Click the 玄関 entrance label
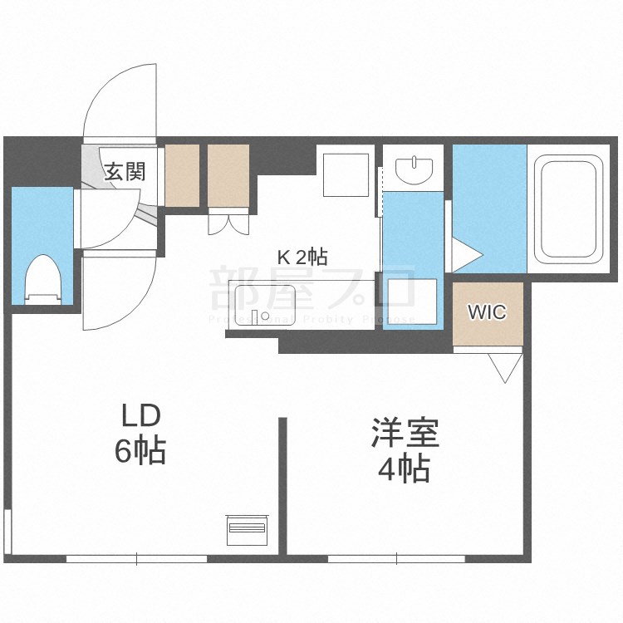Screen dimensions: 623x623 coord(125,171)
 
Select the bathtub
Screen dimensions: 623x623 coord(569,208)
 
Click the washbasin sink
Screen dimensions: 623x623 coord(414,169)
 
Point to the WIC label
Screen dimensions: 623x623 coord(487,312)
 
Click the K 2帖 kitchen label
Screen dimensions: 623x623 coord(302,257)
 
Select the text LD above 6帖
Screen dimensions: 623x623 coord(140,415)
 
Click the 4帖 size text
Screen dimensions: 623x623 coord(404,470)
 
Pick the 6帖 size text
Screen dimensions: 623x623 coord(140,452)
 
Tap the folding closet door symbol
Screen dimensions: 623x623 coord(228,223)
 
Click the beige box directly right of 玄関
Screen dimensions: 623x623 coord(183,175)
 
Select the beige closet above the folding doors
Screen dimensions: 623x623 coord(228,175)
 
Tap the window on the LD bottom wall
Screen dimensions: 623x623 coord(136,559)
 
